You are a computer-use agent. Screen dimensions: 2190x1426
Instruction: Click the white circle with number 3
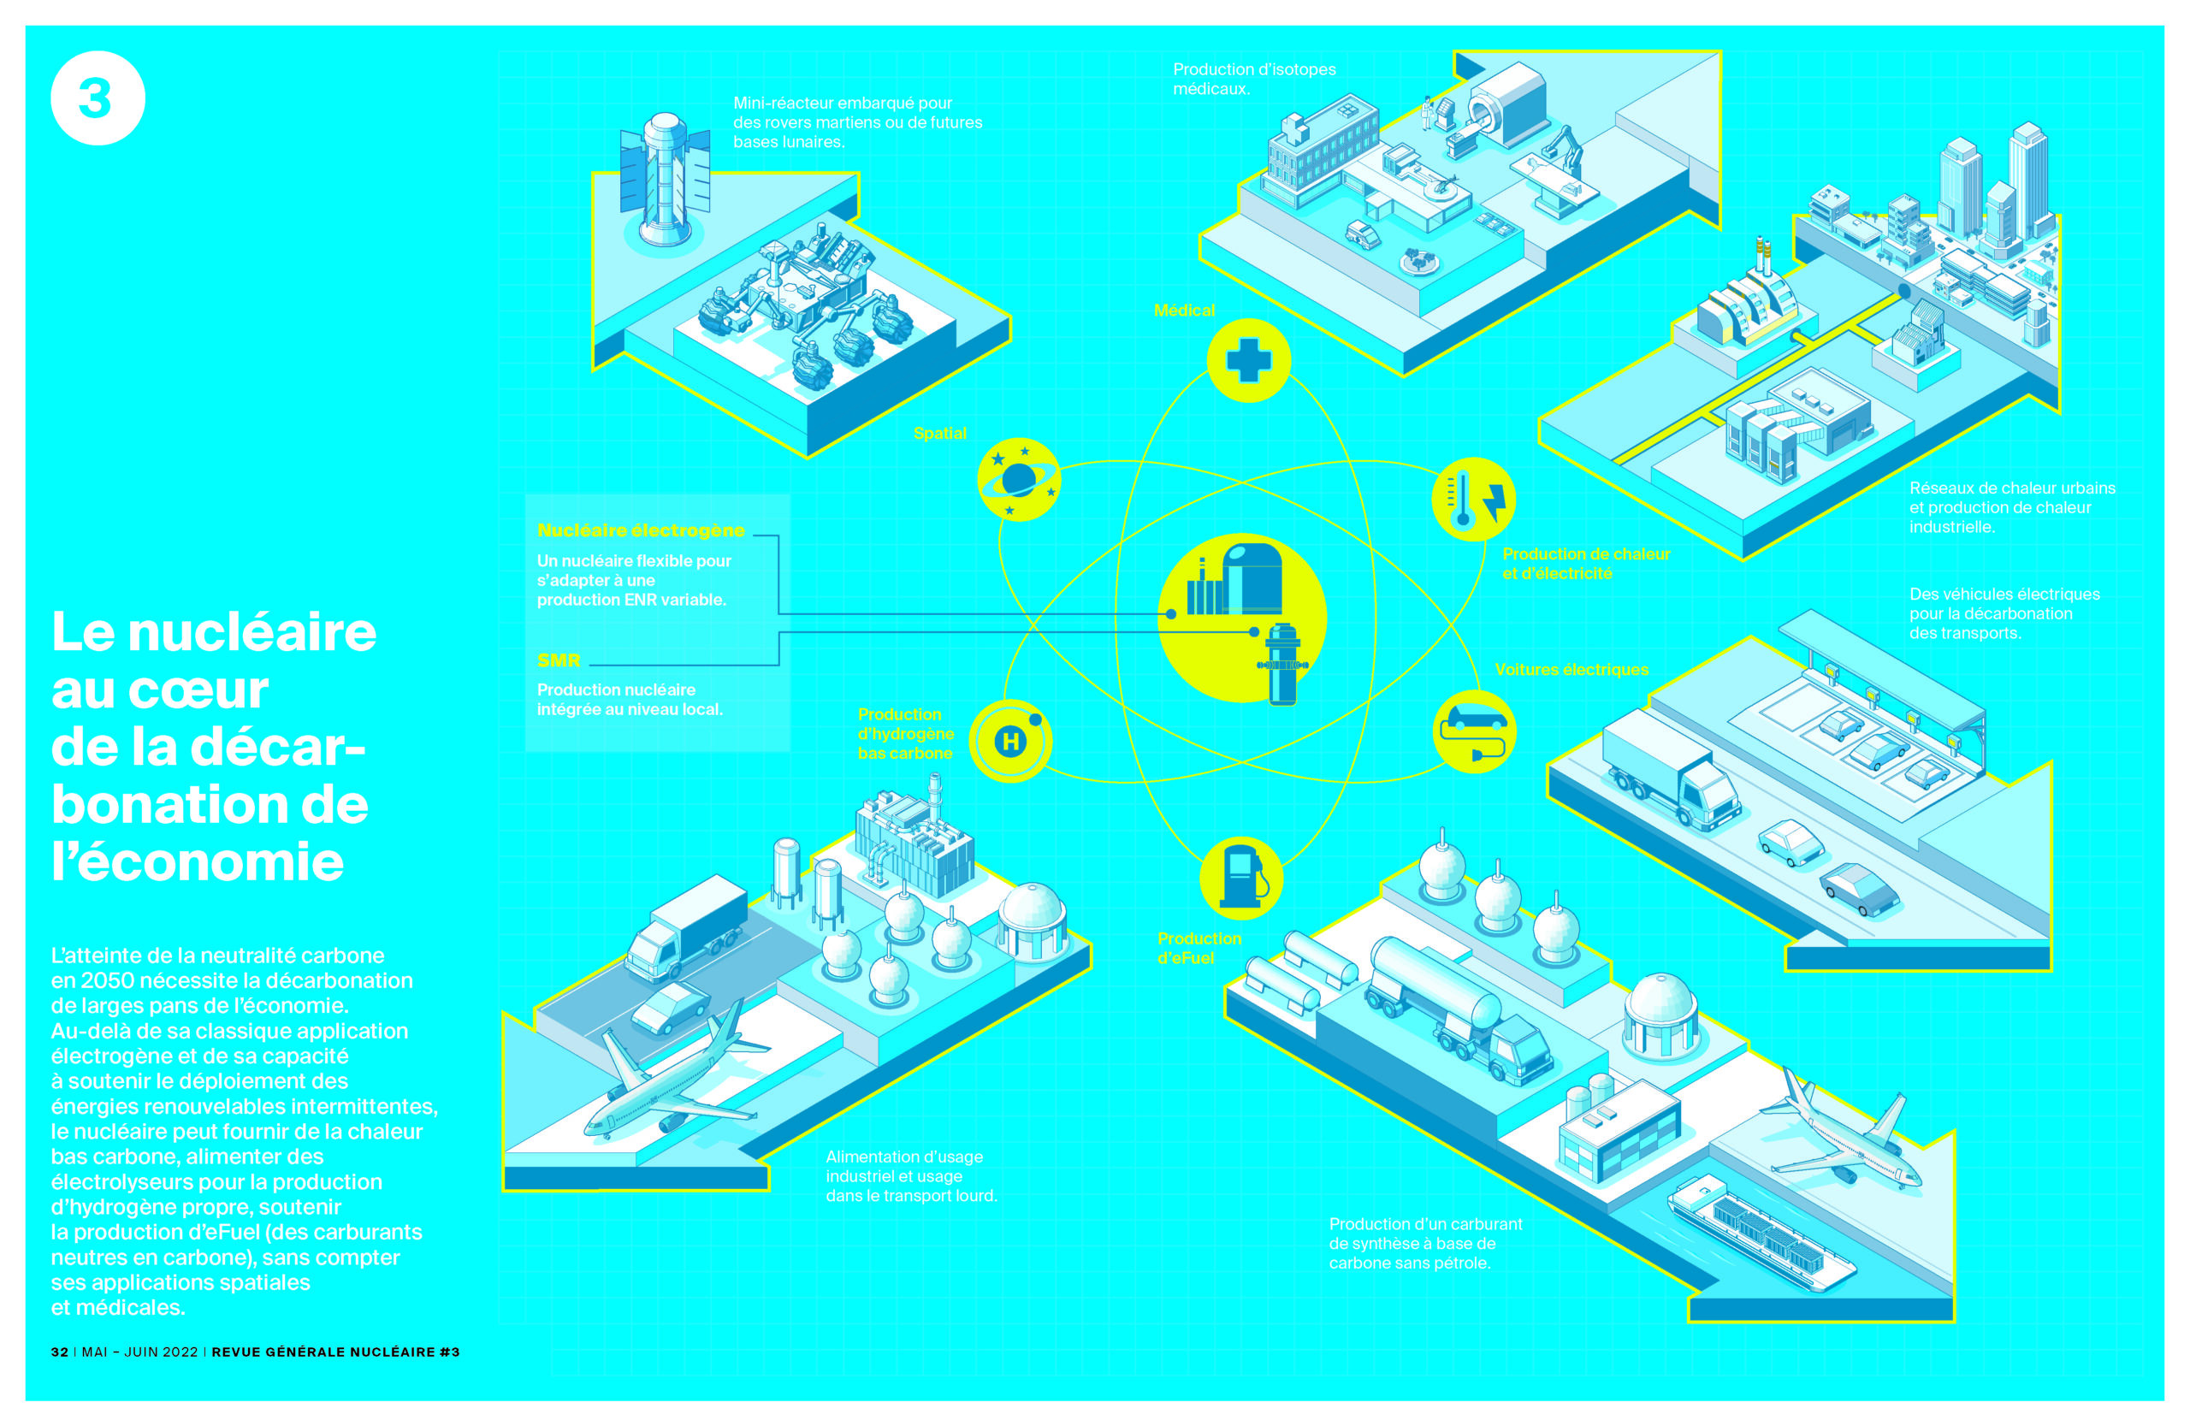point(98,98)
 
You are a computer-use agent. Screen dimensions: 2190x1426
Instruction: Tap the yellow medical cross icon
point(1249,360)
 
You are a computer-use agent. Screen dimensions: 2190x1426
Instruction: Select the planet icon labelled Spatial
point(1019,479)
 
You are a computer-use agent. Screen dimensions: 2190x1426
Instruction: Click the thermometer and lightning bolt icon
point(1474,500)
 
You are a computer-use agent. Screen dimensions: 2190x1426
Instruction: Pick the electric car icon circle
point(1474,731)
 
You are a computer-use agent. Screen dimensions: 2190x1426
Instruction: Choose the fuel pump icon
point(1241,879)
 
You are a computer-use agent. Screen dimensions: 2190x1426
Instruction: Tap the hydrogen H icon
point(1011,741)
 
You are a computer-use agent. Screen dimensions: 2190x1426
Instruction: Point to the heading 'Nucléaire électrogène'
point(642,531)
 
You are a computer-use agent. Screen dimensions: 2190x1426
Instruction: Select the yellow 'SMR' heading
point(559,660)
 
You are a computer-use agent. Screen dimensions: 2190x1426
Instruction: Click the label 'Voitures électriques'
point(1571,670)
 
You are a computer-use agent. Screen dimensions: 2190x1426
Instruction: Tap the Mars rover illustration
point(802,308)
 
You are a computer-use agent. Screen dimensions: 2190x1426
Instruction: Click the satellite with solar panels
point(665,180)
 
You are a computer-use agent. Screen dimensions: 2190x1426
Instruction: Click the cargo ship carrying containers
point(1761,1233)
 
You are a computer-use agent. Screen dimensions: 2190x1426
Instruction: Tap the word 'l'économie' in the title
point(198,862)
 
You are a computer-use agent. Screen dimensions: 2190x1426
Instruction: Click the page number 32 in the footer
point(60,1352)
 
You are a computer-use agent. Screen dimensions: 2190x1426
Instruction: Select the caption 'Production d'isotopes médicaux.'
point(1254,79)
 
